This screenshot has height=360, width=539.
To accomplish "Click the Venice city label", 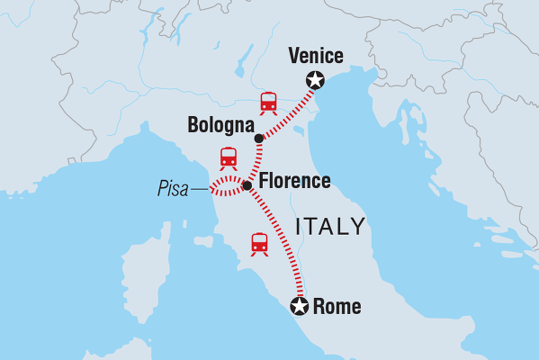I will (315, 57).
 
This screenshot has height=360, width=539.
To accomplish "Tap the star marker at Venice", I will (315, 80).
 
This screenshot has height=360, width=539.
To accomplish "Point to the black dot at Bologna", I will (259, 139).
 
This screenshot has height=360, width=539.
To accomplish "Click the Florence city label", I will (294, 182).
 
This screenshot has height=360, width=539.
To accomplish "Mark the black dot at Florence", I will (247, 184).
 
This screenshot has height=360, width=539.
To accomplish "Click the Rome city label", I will (337, 308).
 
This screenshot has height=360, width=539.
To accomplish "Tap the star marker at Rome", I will (300, 308).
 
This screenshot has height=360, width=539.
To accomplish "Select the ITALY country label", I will (331, 226).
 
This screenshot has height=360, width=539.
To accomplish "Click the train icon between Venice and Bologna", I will (268, 103).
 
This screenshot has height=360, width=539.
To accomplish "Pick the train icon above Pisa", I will (228, 158).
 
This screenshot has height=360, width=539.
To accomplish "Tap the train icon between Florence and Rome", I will (259, 243).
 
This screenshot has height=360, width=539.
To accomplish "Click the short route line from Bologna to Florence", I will (256, 162).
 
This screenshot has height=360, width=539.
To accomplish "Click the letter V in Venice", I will (293, 57).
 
